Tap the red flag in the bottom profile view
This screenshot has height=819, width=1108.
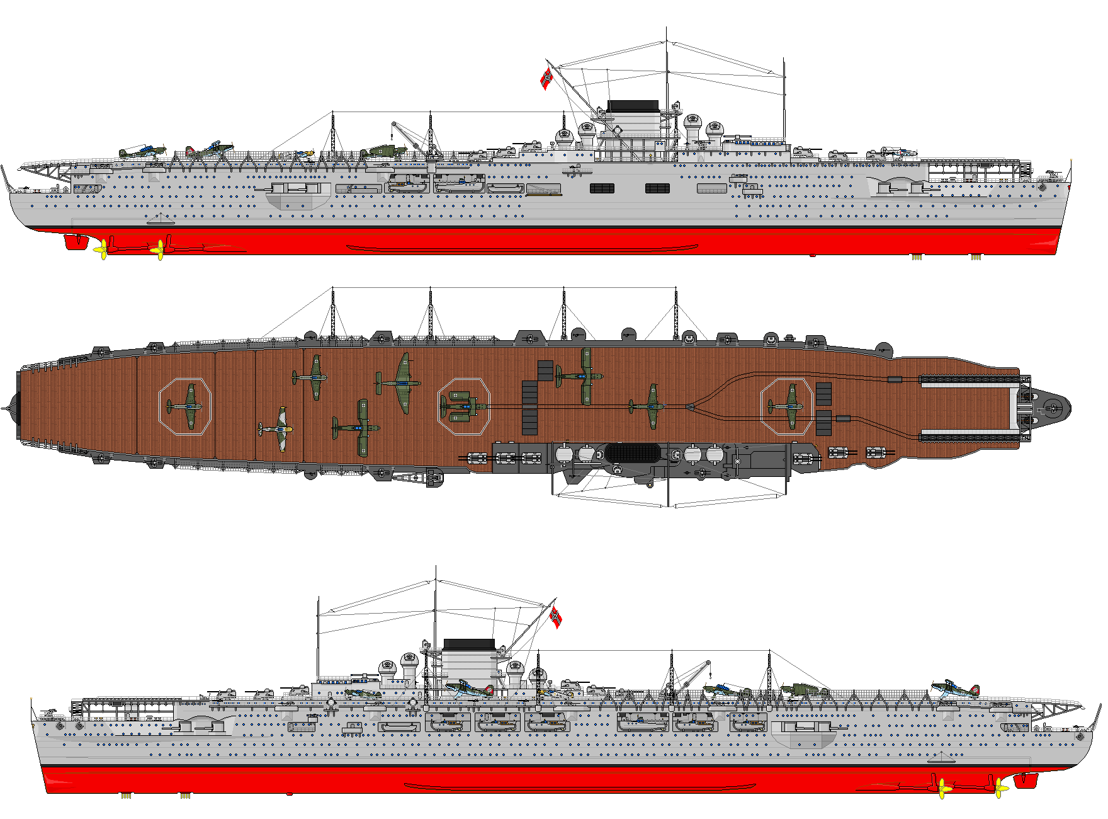(x=555, y=617)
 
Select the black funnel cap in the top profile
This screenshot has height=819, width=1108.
(x=632, y=106)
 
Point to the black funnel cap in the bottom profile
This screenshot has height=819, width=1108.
(x=469, y=644)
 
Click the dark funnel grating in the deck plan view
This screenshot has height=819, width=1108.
(x=633, y=452)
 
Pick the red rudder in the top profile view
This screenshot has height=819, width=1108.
(x=76, y=241)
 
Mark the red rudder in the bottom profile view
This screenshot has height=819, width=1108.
(x=1026, y=780)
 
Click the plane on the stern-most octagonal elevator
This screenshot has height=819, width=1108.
(x=185, y=407)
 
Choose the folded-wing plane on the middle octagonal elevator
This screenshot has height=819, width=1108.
(x=463, y=406)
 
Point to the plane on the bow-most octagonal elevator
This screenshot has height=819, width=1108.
(x=787, y=407)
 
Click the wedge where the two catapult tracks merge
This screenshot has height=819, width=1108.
(x=691, y=407)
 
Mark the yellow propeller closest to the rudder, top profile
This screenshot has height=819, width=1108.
(x=101, y=251)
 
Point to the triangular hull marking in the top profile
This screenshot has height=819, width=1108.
(x=161, y=219)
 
